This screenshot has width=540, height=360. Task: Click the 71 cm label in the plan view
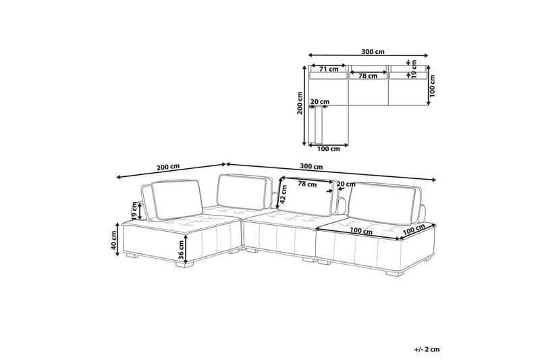tap(329, 69)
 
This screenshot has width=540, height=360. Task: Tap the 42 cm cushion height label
tap(283, 195)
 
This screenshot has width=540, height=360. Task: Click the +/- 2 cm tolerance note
tap(427, 349)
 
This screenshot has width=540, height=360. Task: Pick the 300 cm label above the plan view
tap(373, 52)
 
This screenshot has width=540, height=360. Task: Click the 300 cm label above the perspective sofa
tap(311, 166)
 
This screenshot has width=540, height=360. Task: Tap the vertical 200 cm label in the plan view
tap(300, 103)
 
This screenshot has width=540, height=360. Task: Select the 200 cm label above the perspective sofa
tap(168, 167)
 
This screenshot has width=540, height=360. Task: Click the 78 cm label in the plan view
tap(368, 76)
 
